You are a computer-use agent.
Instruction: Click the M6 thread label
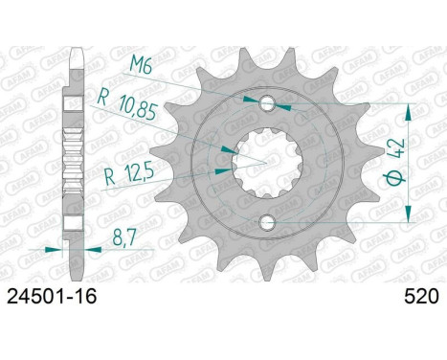[x=141, y=66]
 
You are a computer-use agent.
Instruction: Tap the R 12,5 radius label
[x=129, y=174]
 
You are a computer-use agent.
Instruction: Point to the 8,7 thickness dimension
[x=124, y=238]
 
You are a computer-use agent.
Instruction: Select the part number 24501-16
[x=52, y=297]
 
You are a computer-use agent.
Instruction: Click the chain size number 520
[x=421, y=297]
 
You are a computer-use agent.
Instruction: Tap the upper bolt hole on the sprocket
[x=267, y=103]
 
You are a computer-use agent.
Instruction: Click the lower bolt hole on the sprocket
[x=267, y=223]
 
